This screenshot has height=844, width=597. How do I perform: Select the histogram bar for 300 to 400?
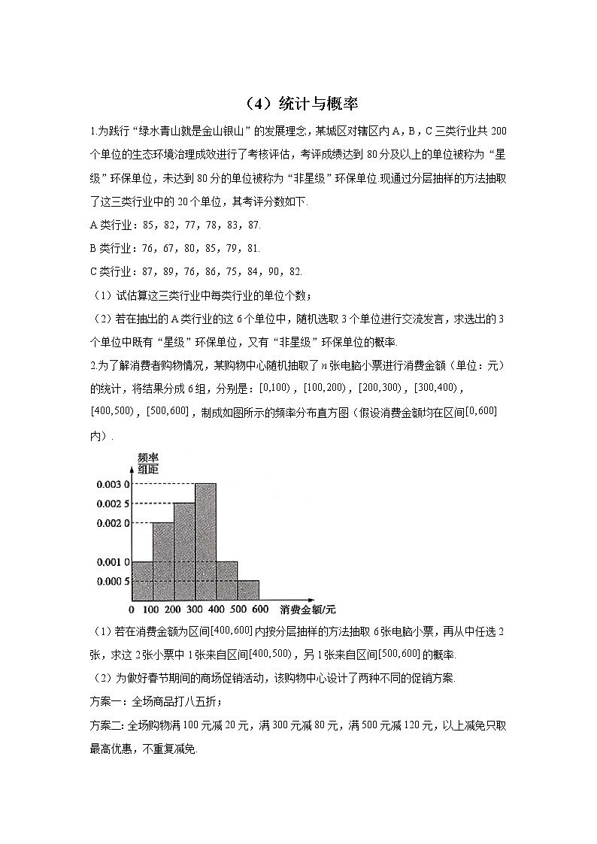tap(205, 542)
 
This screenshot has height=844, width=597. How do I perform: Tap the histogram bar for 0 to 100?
tap(142, 581)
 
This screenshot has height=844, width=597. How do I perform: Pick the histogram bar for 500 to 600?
tap(248, 590)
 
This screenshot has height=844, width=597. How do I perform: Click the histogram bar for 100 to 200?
tap(163, 561)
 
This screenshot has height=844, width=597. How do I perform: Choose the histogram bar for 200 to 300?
tap(184, 552)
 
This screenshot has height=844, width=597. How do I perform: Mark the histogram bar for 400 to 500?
tap(227, 581)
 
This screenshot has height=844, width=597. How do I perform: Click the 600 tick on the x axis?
tap(260, 610)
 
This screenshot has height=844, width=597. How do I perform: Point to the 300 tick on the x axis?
tap(195, 610)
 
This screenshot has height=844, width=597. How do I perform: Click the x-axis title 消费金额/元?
tap(308, 610)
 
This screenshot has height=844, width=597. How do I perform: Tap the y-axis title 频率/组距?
tap(148, 463)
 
